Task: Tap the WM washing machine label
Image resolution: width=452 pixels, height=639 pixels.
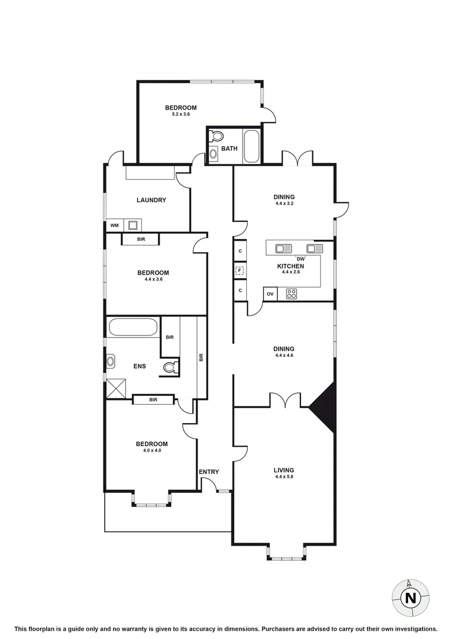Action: [x=114, y=225]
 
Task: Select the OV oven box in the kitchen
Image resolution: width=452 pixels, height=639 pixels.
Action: [x=270, y=294]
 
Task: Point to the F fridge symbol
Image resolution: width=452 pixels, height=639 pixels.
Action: [x=240, y=272]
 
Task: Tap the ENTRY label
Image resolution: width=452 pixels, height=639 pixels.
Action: [x=209, y=472]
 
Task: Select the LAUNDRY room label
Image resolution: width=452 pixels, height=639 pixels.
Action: [x=151, y=200]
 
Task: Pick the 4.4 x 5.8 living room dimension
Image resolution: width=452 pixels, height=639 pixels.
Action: [x=284, y=477]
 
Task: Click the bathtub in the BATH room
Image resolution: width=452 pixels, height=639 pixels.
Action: [x=251, y=146]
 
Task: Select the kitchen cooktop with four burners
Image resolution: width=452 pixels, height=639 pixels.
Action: [x=291, y=293]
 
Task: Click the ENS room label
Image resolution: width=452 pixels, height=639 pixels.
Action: [x=139, y=366]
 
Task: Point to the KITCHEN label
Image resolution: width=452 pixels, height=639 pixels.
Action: [x=290, y=266]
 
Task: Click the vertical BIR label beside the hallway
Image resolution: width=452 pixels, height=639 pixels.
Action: [x=201, y=357]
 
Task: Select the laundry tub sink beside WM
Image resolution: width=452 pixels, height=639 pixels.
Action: [x=133, y=225]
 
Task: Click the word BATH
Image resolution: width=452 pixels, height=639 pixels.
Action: [x=230, y=149]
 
